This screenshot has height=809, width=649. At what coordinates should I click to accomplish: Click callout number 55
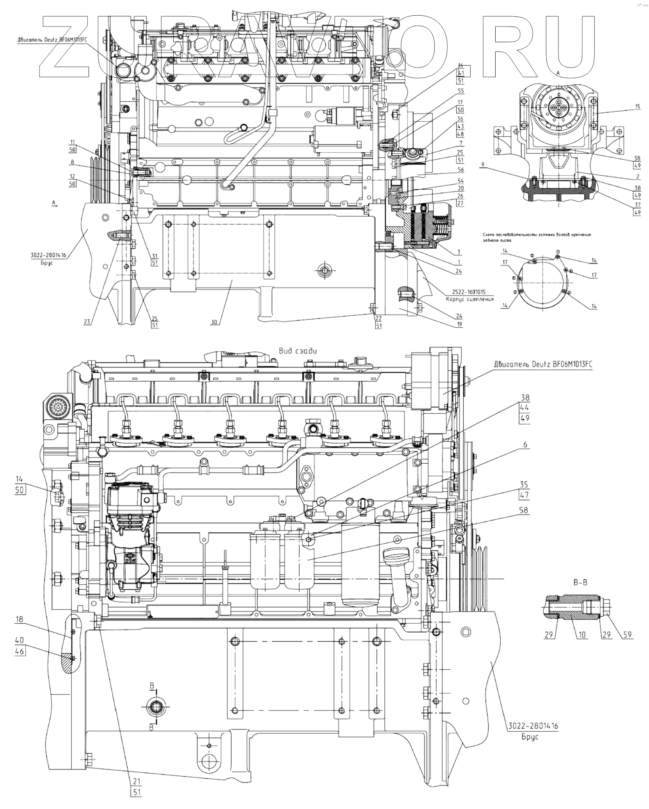pyautogui.click(x=460, y=91)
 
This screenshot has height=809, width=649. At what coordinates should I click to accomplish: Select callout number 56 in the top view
pyautogui.click(x=460, y=170)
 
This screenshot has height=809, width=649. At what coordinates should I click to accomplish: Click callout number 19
pyautogui.click(x=460, y=324)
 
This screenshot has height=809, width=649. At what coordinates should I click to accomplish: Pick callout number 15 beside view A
pyautogui.click(x=638, y=106)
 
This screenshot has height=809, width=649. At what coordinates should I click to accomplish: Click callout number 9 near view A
pyautogui.click(x=483, y=165)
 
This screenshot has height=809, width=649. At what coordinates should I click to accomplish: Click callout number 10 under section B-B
pyautogui.click(x=582, y=635)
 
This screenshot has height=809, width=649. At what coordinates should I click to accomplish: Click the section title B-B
pyautogui.click(x=580, y=583)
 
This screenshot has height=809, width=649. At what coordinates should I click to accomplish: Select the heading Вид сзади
pyautogui.click(x=298, y=351)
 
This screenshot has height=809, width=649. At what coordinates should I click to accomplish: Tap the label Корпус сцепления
pyautogui.click(x=470, y=299)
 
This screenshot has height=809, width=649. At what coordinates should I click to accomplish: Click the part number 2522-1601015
pyautogui.click(x=470, y=292)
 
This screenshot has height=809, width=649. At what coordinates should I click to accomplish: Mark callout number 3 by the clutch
pyautogui.click(x=459, y=252)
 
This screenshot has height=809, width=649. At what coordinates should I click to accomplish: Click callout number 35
pyautogui.click(x=524, y=485)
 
